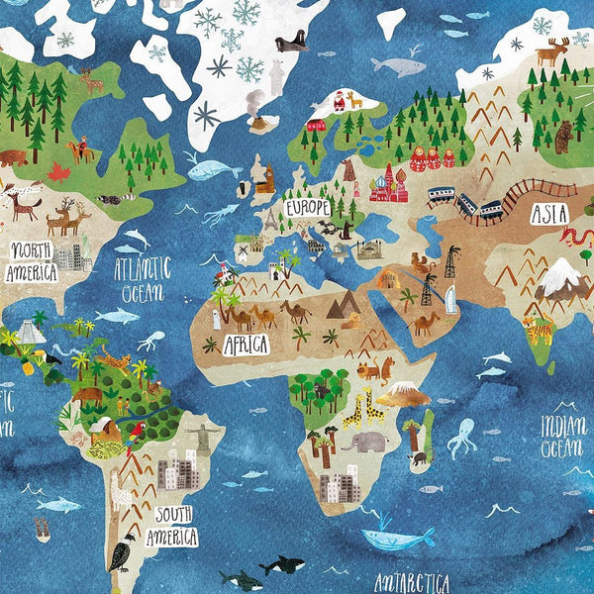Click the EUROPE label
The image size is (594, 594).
pos(308,209)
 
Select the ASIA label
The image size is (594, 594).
pos(549,213)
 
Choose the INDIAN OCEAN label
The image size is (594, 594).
pos(562,437)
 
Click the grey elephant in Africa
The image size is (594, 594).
pos(365,442)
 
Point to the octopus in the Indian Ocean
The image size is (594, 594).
pos(460,437)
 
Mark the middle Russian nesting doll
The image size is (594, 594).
pos(434,156)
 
